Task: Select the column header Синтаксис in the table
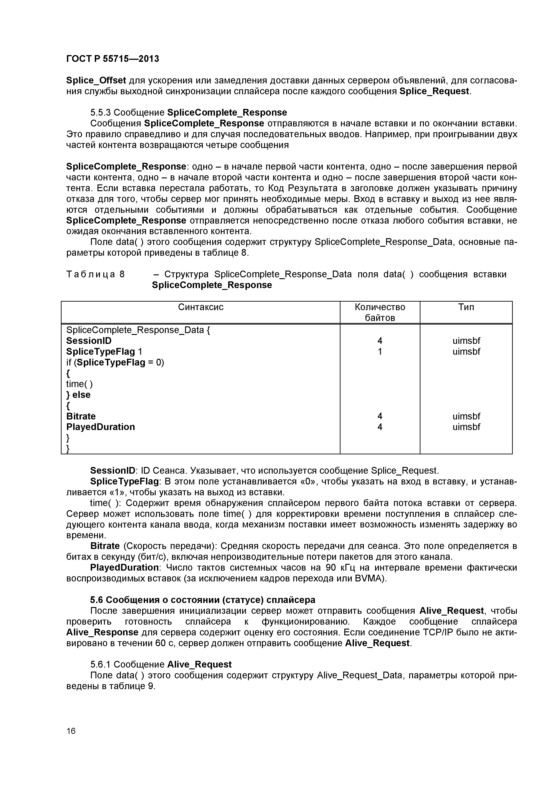click(201, 307)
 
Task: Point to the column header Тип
click(466, 307)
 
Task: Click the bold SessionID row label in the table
click(89, 341)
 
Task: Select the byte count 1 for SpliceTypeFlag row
click(380, 352)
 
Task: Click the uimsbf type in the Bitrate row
click(466, 416)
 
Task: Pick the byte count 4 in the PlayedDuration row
click(380, 427)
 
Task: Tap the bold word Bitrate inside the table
click(81, 416)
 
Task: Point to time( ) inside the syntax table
click(79, 384)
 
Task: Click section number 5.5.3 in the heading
click(100, 113)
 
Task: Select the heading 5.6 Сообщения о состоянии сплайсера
click(203, 600)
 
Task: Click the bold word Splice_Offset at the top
click(96, 81)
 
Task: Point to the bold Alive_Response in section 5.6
click(102, 632)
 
